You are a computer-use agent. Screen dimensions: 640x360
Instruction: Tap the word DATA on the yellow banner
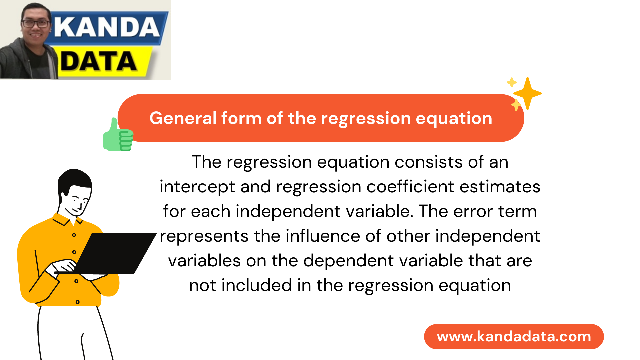pyautogui.click(x=99, y=62)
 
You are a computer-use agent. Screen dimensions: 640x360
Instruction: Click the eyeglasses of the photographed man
pyautogui.click(x=36, y=24)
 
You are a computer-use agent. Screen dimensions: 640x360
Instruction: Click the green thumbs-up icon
pyautogui.click(x=118, y=135)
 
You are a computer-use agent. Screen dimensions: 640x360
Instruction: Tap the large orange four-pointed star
pyautogui.click(x=527, y=93)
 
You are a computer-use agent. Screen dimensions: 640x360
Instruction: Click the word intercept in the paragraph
pyautogui.click(x=197, y=187)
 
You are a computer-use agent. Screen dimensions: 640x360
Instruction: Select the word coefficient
pyautogui.click(x=410, y=186)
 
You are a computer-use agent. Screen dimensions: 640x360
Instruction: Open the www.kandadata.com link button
pyautogui.click(x=514, y=336)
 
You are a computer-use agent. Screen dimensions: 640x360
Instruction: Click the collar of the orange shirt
pyautogui.click(x=68, y=220)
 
